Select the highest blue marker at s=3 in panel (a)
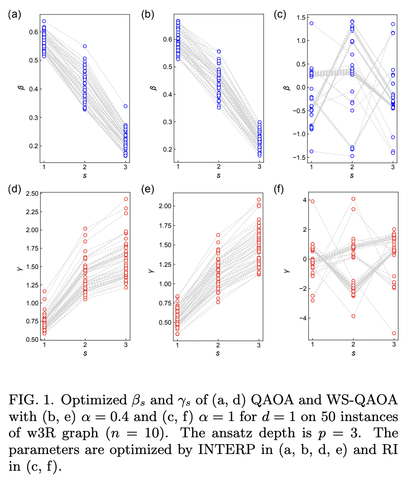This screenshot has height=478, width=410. pos(126,106)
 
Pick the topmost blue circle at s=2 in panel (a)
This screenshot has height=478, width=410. pos(85,46)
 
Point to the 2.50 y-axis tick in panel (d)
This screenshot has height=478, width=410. pos(32,194)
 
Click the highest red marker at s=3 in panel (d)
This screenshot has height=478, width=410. pos(126,199)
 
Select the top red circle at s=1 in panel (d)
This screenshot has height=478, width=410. pos(44,292)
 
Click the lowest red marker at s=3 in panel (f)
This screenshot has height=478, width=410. pos(393,333)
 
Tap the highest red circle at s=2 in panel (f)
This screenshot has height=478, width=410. pos(353,199)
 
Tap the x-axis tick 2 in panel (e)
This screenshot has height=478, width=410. pos(218,345)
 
